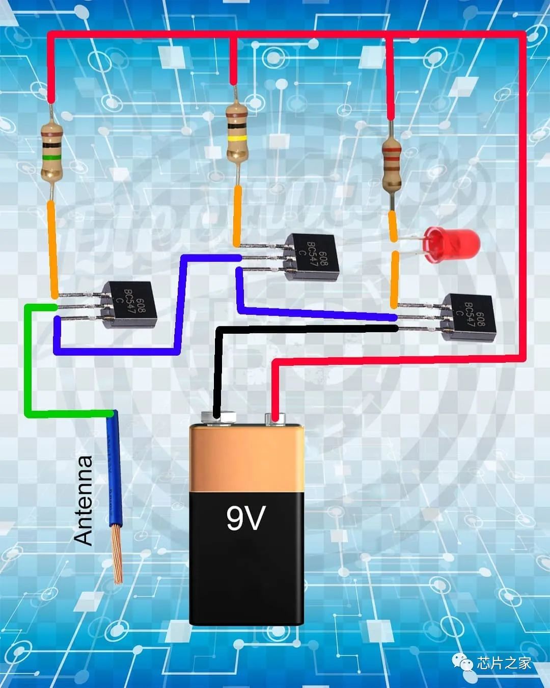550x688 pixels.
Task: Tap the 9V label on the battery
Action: coord(246,518)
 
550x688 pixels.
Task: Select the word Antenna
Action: coord(84,500)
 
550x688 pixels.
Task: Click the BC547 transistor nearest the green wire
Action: coord(127,305)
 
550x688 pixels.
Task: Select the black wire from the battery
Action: coord(219,367)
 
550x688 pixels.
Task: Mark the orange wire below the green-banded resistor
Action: coord(52,250)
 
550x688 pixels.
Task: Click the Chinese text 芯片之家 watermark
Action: coord(504,663)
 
